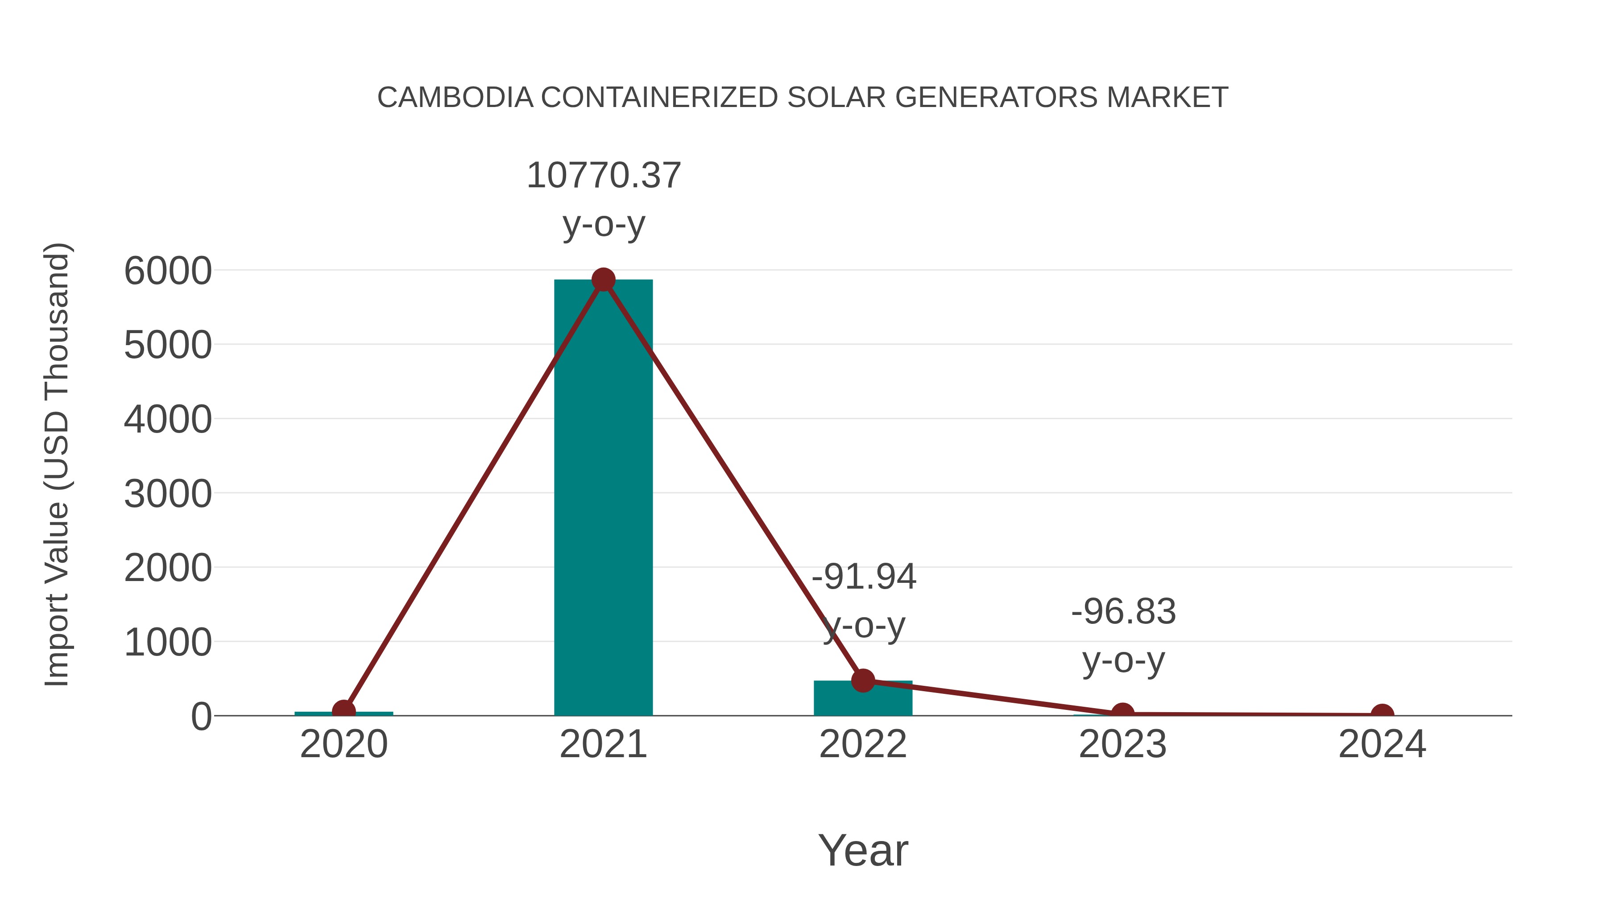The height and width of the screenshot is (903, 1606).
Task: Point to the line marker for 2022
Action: coord(863,680)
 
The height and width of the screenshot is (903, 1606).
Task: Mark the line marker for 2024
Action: coord(1382,714)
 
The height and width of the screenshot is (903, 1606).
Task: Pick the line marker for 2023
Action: coord(1122,713)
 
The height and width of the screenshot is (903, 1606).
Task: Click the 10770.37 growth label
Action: coord(604,176)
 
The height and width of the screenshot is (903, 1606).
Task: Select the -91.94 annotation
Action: coord(864,577)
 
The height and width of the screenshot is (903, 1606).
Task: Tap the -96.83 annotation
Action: coord(1123,611)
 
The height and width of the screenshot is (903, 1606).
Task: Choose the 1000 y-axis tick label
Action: coord(168,643)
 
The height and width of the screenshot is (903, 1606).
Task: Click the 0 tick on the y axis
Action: coord(201,717)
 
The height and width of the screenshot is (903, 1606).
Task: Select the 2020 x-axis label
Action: coord(344,744)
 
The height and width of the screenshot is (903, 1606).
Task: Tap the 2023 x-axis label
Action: coord(1122,744)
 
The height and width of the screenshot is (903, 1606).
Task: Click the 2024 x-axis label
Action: coord(1382,744)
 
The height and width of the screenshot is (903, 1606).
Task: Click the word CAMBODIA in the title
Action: coord(455,98)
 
